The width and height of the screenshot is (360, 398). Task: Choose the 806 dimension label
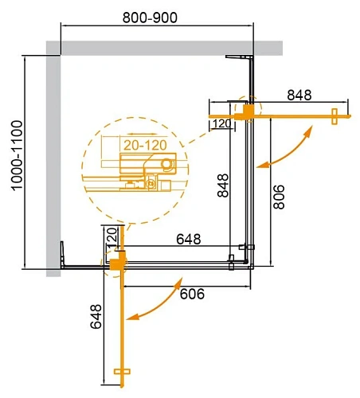tap(278, 192)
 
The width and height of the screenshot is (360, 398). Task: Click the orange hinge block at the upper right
tap(248, 110)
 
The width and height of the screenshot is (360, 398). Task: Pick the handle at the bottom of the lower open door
tap(121, 372)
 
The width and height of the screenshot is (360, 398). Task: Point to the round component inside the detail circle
tap(166, 164)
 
